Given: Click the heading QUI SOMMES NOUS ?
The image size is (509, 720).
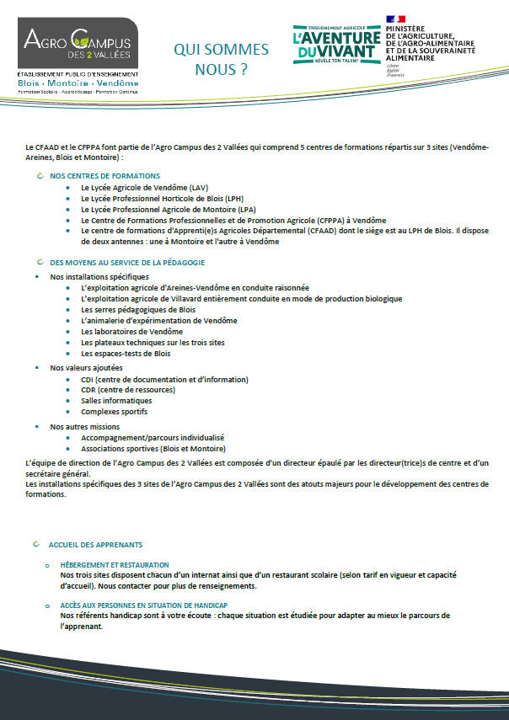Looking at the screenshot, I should coord(221,59).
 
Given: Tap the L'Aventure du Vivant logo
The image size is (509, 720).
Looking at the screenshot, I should coord(335,46).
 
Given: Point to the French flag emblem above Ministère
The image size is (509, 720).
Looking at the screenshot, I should coord(396,19).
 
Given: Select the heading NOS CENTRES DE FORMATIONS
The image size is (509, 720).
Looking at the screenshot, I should coord(104,176).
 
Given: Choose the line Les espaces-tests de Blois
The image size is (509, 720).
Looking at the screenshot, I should coord(126,354).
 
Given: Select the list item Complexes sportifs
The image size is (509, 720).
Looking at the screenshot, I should coord(114,412).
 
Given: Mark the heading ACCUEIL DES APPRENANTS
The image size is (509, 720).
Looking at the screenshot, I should coord(95,545).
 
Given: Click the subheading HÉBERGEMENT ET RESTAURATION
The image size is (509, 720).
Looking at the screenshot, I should coord(114,564).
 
